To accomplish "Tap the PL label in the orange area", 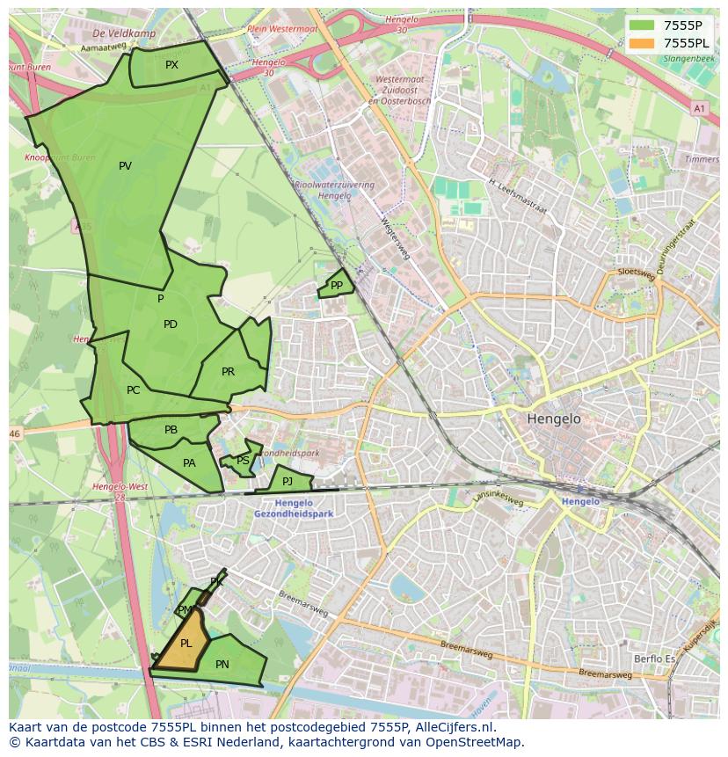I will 186,644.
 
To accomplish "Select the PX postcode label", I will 171,65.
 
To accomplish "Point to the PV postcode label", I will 125,166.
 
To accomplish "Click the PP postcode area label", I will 336,286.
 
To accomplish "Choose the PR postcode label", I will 228,372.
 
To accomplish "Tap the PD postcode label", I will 171,324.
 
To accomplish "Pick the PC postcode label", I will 133,390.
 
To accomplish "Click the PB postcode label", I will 171,430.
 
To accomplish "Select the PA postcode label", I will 189,463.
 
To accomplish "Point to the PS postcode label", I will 243,461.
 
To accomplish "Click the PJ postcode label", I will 287,481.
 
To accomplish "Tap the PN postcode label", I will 222,665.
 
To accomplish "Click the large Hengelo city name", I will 554,419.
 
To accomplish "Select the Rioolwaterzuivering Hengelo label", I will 334,191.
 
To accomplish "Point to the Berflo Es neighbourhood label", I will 654,659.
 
